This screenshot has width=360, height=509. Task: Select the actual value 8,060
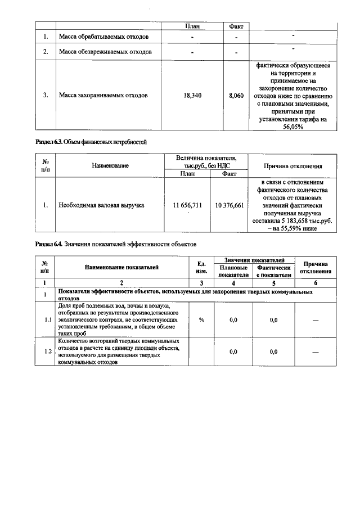[x=236, y=96]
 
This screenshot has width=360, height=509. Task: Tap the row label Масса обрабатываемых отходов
[x=103, y=38]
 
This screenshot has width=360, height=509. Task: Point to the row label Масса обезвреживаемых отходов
[x=105, y=52]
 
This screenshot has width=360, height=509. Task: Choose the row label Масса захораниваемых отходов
[x=103, y=96]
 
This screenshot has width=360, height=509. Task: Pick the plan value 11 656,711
[x=187, y=205]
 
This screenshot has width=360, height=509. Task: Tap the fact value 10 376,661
[x=229, y=205]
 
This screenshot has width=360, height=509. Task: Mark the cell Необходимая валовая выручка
[x=101, y=205]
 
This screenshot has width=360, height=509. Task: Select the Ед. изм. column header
[x=201, y=268]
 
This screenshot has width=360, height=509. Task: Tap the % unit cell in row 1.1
[x=201, y=319]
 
